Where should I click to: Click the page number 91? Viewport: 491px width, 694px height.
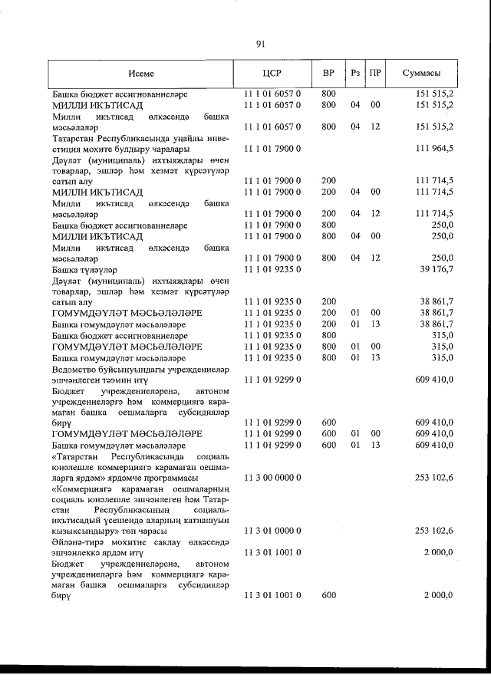tap(260, 44)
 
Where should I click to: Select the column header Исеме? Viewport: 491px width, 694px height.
tap(141, 74)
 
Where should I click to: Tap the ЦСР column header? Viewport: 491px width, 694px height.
tap(272, 74)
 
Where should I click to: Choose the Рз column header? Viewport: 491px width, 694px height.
tap(354, 74)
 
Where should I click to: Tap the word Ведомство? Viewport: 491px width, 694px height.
tap(76, 368)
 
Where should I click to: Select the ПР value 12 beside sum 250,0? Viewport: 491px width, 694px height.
tap(375, 258)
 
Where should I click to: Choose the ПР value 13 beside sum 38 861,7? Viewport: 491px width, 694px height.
tap(375, 324)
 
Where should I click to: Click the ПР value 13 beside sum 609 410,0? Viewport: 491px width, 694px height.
tap(375, 445)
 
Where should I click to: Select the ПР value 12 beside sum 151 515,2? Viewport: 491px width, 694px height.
tap(375, 127)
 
